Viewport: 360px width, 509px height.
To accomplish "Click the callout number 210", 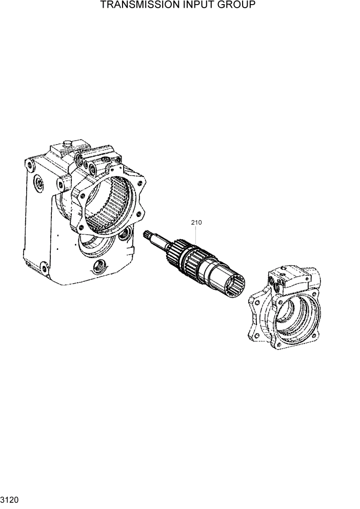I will point(196,223).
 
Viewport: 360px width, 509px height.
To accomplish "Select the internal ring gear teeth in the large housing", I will point(105,205).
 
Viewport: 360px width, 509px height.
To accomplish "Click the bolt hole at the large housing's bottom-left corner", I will point(45,269).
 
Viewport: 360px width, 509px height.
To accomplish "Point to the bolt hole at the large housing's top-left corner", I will point(30,165).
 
